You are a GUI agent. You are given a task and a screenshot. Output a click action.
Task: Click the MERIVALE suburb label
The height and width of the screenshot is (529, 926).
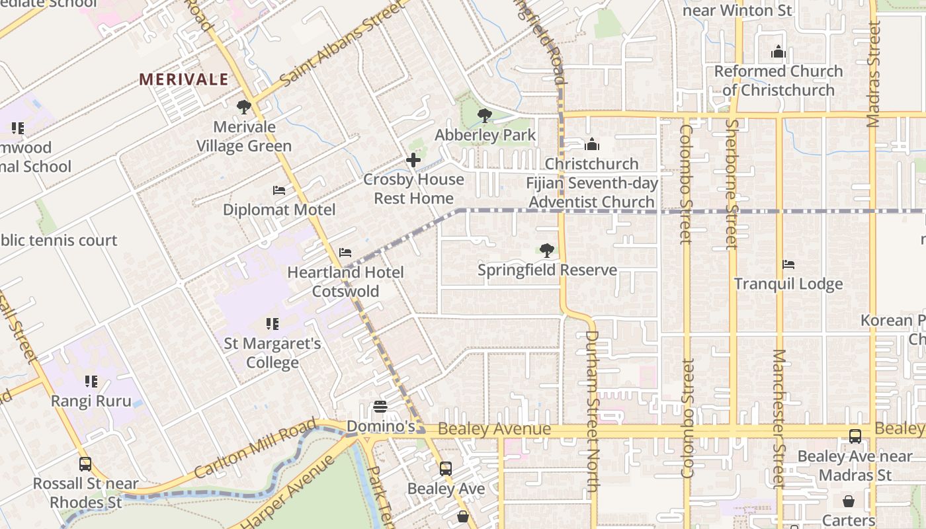[x=184, y=80]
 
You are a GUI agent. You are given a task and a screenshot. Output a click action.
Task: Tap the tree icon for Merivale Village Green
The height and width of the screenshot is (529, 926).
[x=244, y=106]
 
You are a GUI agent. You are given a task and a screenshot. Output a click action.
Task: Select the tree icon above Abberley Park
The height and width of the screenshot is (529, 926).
[x=485, y=116]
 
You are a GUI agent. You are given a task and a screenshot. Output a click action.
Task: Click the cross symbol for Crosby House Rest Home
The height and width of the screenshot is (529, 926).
[x=413, y=160]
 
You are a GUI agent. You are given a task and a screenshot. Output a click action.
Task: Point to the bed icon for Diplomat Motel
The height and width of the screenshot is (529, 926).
[x=279, y=190]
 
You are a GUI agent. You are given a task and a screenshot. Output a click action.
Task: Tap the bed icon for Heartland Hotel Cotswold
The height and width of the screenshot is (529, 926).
[x=345, y=253]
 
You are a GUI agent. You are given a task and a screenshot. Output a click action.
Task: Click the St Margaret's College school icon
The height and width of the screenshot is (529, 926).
[x=272, y=324]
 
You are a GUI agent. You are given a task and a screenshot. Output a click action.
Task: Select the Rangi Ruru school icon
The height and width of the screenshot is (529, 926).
[x=91, y=382]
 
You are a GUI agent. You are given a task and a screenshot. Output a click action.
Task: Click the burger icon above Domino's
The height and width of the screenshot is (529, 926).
[x=380, y=406]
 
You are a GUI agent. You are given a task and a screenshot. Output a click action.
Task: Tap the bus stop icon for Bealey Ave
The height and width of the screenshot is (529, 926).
[x=446, y=469]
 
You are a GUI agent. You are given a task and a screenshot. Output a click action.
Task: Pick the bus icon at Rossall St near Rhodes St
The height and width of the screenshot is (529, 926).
[x=85, y=464]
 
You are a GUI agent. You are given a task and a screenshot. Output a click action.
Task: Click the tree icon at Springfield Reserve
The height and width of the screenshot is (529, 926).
[x=547, y=251]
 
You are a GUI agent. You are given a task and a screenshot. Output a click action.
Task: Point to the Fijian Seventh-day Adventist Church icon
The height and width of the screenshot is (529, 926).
[x=592, y=144]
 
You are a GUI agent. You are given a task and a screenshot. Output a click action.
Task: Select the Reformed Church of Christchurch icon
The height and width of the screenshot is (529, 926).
[x=779, y=52]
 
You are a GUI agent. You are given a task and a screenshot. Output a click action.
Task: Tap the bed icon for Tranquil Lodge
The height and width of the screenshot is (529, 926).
[x=788, y=264]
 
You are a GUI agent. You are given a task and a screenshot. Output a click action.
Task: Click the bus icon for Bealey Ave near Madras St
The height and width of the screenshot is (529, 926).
[x=855, y=436]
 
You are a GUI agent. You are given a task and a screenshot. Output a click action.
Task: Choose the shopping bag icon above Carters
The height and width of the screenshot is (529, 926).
[x=848, y=501]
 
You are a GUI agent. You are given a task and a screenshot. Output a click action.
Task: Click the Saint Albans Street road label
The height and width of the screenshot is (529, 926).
[x=341, y=44]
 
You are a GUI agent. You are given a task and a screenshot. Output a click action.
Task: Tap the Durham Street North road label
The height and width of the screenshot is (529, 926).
[x=591, y=410]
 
